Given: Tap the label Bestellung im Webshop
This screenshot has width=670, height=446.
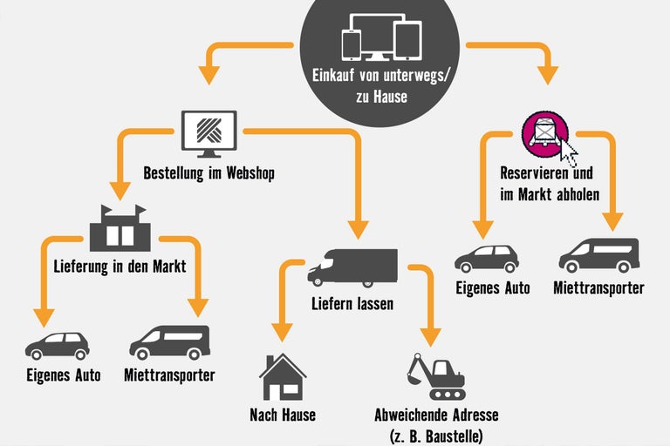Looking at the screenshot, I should tap(209, 173).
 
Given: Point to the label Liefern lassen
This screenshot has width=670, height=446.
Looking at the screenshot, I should tap(352, 304).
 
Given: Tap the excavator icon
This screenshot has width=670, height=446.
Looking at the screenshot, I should tap(434, 375).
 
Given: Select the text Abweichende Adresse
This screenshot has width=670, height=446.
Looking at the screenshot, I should tap(435, 415).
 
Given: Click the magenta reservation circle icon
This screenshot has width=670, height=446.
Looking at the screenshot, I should tap(545, 134).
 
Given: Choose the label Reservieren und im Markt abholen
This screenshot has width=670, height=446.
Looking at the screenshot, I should tap(550, 183).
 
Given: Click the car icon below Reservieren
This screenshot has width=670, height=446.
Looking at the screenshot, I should tap(487, 258).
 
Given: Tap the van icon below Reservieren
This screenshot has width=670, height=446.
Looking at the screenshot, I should tap(598, 255).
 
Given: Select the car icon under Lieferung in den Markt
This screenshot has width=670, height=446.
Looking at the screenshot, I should tap(58, 346).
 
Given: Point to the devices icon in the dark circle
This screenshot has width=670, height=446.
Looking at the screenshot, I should tap(380, 37).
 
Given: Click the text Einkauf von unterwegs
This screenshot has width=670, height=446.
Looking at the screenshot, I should tap(381, 76).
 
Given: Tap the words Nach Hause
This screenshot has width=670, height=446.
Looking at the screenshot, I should tap(282, 415).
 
